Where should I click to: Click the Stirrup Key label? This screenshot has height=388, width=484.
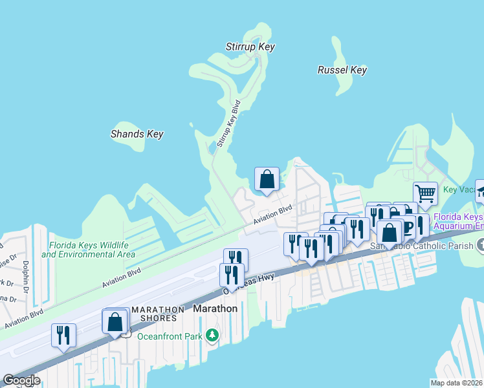click(x=250, y=47)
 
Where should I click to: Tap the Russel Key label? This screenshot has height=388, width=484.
click(x=342, y=70)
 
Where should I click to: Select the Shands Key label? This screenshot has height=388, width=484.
click(x=137, y=134)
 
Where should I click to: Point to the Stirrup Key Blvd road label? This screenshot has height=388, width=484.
click(x=228, y=124)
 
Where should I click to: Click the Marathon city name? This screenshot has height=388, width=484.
click(x=216, y=308)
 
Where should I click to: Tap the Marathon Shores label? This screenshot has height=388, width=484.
click(x=154, y=314)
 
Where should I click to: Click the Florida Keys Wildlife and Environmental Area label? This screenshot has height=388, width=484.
click(x=89, y=250)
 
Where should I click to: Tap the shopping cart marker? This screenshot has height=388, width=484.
click(x=425, y=193)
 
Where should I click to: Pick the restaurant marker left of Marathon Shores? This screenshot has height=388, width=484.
click(x=63, y=335)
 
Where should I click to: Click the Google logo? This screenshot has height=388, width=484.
click(x=21, y=380)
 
